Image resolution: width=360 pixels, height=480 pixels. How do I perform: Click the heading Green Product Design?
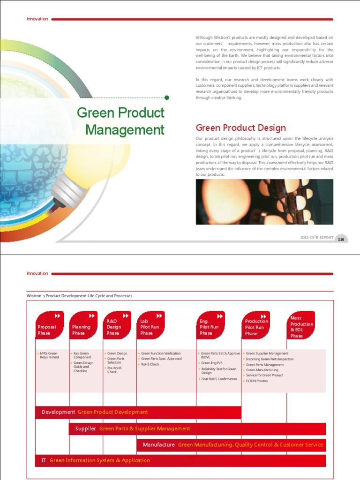pos(240,127)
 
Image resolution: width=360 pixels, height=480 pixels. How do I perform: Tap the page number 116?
pos(341,240)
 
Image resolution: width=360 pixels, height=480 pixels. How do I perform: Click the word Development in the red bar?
pos(58,412)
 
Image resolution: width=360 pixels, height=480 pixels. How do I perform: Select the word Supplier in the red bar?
pos(86,428)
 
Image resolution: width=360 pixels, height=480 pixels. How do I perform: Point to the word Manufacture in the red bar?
pos(159,444)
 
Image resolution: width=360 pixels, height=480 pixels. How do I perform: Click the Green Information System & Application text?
pos(100,460)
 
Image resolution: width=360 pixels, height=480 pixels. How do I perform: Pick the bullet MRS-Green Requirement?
pos(50,355)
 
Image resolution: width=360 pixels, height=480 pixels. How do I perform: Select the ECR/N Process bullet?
pos(257,381)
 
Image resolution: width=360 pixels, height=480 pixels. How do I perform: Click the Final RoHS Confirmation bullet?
pos(219,379)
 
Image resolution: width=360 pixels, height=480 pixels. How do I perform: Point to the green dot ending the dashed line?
pos(167,97)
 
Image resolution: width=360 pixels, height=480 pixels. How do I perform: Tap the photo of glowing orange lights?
pos(264,202)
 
